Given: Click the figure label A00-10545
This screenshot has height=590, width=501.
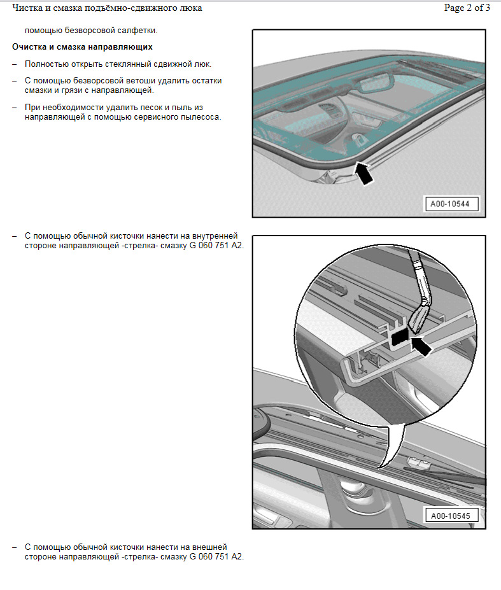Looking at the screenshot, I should click(450, 516).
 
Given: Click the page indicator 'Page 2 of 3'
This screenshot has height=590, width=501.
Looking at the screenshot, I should click(467, 8).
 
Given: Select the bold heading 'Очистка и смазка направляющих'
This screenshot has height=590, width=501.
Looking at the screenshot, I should click(82, 47).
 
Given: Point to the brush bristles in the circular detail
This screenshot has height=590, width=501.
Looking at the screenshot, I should click(418, 316).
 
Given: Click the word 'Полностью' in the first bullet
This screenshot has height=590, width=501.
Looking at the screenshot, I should click(45, 64).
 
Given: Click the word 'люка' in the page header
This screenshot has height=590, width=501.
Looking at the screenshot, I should click(192, 8).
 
